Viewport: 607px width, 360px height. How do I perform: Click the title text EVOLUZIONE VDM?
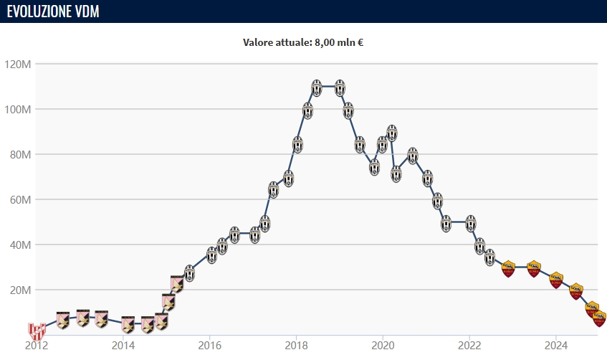tap(53, 11)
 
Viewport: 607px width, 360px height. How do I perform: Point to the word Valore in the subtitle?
tap(258, 42)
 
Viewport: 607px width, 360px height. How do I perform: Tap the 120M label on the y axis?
tap(18, 65)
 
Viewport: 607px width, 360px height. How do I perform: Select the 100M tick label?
tap(18, 110)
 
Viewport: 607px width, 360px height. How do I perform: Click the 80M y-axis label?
tap(20, 155)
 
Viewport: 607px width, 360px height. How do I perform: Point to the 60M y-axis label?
tap(20, 200)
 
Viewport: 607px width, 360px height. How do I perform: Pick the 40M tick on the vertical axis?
tap(20, 245)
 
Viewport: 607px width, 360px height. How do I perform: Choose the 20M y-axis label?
tap(20, 290)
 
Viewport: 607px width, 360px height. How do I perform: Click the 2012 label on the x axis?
tap(37, 344)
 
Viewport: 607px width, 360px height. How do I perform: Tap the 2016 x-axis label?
tap(209, 344)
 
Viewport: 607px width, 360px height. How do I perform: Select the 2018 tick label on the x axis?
tap(296, 344)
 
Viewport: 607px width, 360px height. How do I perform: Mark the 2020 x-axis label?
tap(383, 344)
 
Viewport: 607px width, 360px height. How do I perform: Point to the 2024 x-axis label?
tap(556, 344)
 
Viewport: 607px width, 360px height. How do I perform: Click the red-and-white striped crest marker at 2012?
tap(37, 331)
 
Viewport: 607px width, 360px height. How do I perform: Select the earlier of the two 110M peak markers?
tap(317, 87)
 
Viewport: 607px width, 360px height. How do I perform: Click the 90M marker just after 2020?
tap(392, 133)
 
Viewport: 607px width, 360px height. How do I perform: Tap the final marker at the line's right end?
tap(599, 318)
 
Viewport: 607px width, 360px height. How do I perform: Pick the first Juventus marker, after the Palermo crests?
tap(189, 273)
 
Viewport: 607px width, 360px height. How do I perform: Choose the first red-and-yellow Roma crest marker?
tap(508, 269)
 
